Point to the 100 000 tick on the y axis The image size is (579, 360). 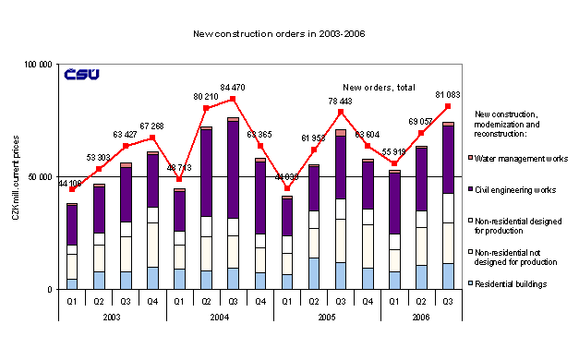point(38,65)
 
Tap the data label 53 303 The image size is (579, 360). point(97,157)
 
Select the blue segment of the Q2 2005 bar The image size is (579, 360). point(315,273)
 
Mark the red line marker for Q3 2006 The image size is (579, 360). point(448,106)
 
